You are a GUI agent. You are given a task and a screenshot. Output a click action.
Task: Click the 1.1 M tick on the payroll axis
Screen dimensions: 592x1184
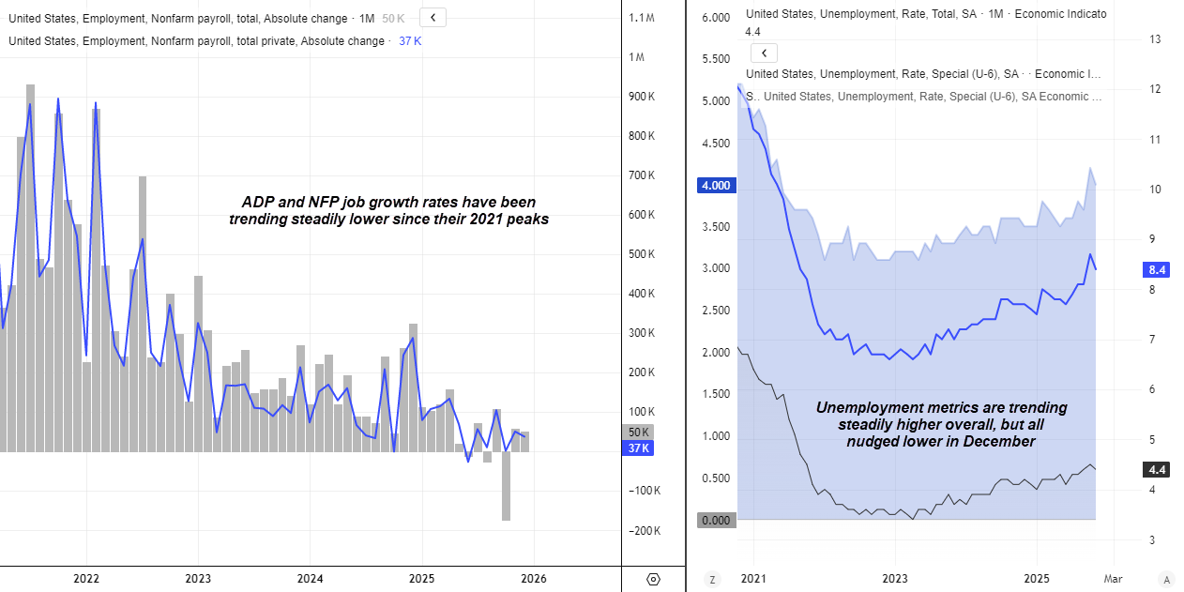coord(642,18)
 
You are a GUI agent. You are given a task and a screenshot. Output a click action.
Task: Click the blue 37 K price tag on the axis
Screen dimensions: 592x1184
coord(638,448)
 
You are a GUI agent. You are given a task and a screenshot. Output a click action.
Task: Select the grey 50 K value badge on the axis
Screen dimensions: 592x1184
coord(638,433)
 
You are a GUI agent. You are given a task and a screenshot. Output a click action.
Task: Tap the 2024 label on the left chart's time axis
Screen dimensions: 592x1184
coord(310,579)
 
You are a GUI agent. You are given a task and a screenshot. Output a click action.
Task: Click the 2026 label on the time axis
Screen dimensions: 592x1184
coord(534,579)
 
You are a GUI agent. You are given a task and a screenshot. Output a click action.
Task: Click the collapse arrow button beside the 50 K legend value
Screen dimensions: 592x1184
coord(433,17)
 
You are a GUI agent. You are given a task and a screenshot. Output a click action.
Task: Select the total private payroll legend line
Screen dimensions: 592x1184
coord(197,41)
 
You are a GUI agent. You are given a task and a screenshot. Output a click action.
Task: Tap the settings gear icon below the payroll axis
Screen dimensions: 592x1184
coord(654,579)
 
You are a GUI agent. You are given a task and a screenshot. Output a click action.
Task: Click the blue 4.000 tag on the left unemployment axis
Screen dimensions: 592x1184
coord(716,186)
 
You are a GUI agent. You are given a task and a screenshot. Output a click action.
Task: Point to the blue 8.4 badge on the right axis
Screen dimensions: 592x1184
coord(1157,270)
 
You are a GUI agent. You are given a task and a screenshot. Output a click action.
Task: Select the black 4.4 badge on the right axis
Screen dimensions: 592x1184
coord(1157,470)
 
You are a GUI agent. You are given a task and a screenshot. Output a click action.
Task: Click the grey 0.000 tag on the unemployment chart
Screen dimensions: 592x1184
coord(716,520)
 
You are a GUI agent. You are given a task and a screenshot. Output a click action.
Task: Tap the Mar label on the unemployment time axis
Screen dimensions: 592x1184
coord(1112,579)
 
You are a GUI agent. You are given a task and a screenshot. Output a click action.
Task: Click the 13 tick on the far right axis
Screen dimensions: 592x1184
coord(1155,39)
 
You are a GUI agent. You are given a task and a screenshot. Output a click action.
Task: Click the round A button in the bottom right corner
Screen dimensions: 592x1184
coord(1166,579)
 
